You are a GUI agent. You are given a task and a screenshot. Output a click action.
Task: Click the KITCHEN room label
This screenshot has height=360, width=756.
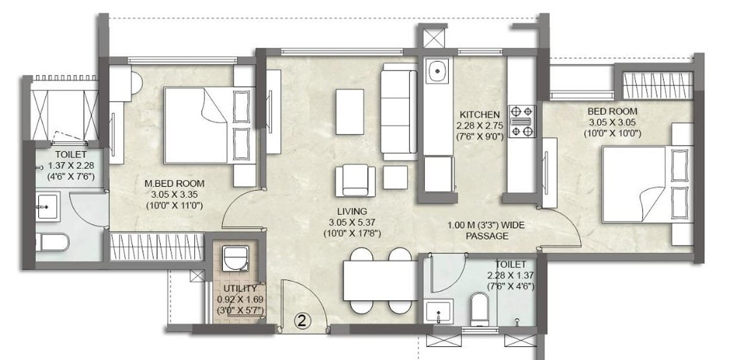click(479, 114)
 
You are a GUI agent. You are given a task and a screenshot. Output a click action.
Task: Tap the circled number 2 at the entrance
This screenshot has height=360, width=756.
click(302, 320)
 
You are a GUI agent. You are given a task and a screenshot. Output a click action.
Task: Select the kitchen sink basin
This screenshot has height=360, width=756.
click(437, 71)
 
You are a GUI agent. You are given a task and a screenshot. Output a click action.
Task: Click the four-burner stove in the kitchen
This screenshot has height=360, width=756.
click(522, 121)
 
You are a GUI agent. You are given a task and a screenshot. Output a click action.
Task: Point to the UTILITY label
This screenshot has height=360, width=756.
click(240, 288)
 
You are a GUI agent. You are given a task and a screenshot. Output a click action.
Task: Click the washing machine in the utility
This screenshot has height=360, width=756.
click(235, 258)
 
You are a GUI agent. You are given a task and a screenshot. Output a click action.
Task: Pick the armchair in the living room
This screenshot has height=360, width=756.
click(355, 181)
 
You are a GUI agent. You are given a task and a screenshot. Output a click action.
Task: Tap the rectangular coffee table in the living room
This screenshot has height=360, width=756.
click(350, 111)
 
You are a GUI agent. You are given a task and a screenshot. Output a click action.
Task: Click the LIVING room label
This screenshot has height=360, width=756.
click(352, 212)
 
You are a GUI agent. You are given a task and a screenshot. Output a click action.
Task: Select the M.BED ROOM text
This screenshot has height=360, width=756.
click(175, 184)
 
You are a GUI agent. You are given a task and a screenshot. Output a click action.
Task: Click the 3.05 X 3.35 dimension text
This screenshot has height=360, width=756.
click(175, 194)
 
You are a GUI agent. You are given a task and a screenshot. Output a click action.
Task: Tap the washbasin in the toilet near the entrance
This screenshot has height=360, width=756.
click(437, 312)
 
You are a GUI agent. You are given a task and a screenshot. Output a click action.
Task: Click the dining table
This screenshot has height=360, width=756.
click(380, 280)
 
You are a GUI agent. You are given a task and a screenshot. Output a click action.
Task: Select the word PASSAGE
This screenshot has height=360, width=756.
click(487, 236)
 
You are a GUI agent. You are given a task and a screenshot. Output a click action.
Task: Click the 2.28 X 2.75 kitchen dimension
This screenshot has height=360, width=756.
click(479, 126)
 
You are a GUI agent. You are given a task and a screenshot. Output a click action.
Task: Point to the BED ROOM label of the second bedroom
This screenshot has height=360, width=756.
click(612, 111)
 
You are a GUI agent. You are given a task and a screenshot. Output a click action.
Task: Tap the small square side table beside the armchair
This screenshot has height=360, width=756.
click(395, 177)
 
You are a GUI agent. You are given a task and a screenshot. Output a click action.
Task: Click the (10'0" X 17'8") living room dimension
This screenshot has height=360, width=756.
click(352, 233)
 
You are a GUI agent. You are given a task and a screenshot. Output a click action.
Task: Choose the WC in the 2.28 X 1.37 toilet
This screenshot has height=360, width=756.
click(479, 309)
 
